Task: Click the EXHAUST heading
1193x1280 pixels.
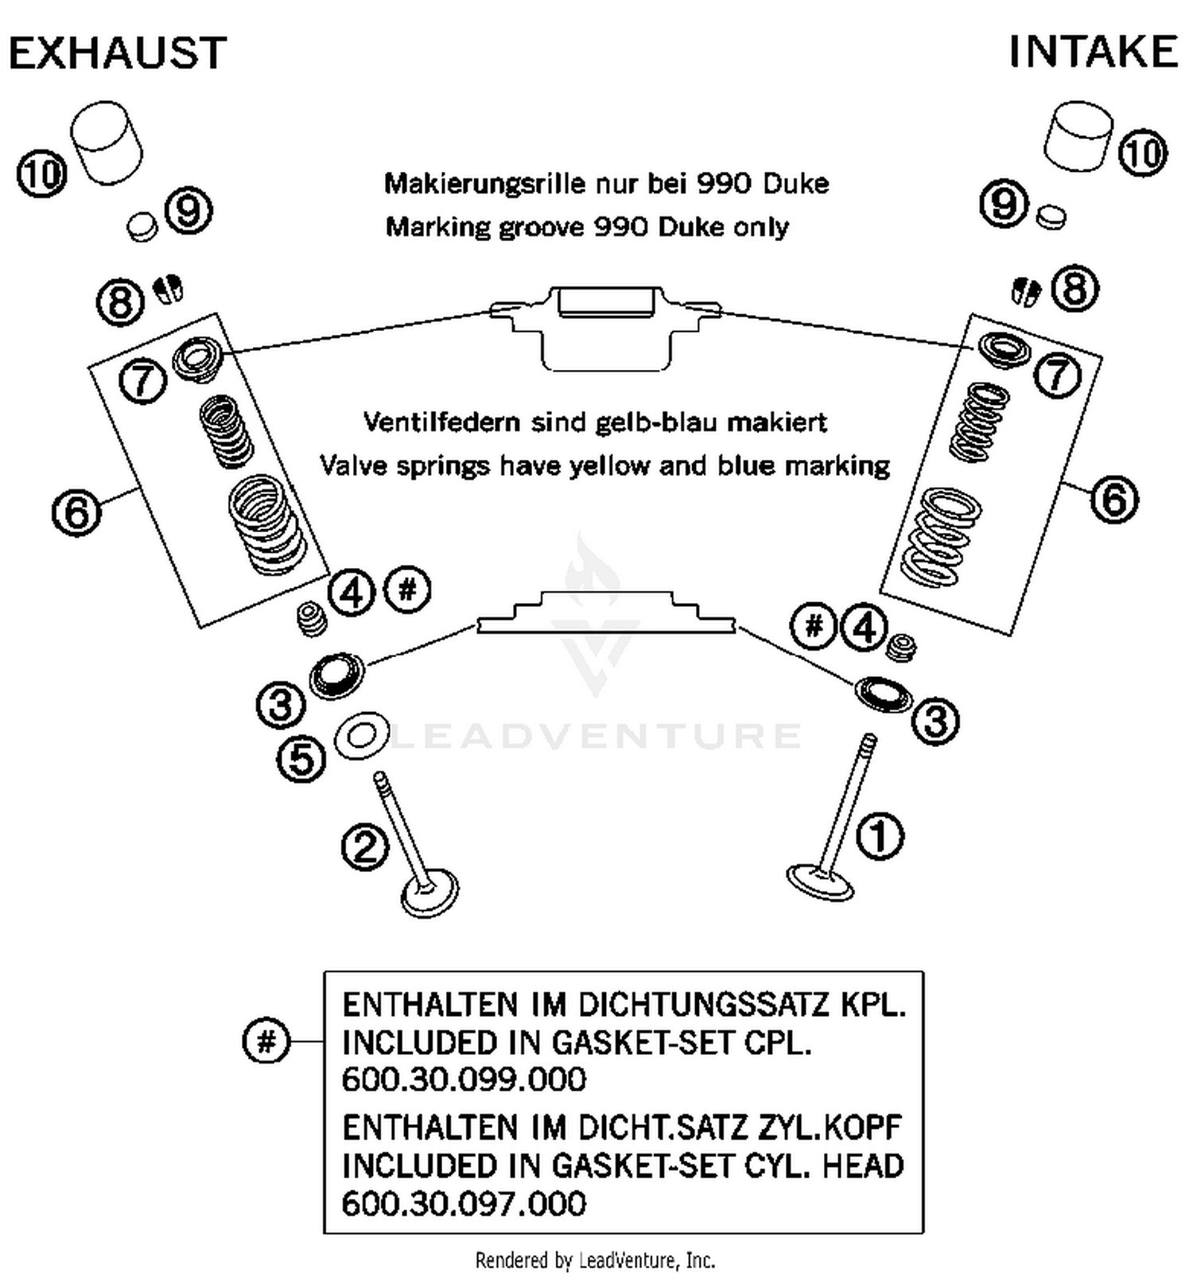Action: pyautogui.click(x=117, y=53)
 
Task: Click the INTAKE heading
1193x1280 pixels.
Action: pyautogui.click(x=1092, y=52)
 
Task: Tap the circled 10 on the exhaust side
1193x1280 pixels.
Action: pyautogui.click(x=41, y=173)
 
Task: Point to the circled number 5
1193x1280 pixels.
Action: pyautogui.click(x=301, y=758)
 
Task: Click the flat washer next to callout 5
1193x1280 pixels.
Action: pyautogui.click(x=361, y=735)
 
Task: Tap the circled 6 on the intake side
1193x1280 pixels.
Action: pyautogui.click(x=1113, y=500)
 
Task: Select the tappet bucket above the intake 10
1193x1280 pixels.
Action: pyautogui.click(x=1077, y=136)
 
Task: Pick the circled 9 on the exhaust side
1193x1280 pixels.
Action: pyautogui.click(x=188, y=211)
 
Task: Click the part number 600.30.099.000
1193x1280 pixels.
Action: pyautogui.click(x=464, y=1080)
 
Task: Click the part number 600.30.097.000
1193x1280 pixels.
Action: pyautogui.click(x=464, y=1204)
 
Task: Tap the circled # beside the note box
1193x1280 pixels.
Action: pyautogui.click(x=266, y=1041)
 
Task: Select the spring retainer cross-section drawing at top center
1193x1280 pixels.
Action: pyautogui.click(x=606, y=326)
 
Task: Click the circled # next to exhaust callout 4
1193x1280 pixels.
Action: pyautogui.click(x=407, y=590)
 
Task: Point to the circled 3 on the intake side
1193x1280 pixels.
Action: pyautogui.click(x=935, y=721)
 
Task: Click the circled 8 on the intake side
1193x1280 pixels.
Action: pyautogui.click(x=1074, y=288)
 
